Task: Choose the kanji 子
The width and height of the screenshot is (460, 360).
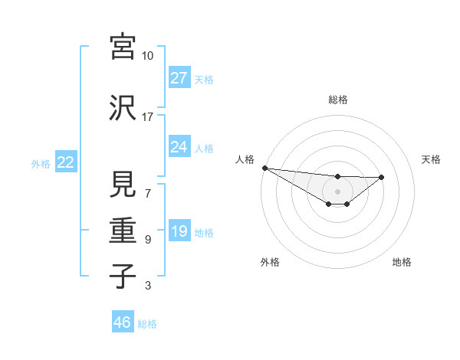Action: (123, 276)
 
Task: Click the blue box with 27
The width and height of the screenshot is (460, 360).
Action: (179, 77)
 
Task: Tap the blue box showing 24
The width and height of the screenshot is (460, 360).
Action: (179, 146)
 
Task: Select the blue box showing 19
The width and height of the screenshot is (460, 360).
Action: (179, 231)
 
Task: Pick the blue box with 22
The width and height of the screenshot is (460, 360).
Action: (65, 162)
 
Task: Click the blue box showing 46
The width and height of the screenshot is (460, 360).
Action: (122, 322)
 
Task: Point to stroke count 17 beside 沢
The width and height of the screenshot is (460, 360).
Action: (147, 117)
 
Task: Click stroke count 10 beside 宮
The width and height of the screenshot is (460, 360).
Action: (147, 56)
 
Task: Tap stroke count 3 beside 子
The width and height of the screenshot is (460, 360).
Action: (147, 286)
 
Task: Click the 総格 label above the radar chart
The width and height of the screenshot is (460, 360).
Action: (338, 100)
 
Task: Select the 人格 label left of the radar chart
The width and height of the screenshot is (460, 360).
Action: (245, 159)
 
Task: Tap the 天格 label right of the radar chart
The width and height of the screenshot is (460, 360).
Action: (431, 159)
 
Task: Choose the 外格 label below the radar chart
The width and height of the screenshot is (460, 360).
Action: (270, 262)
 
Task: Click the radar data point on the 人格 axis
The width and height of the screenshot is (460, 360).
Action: (264, 167)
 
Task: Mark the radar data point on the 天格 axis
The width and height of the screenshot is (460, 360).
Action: (382, 177)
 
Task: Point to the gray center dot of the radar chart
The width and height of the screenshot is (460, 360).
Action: (337, 191)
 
